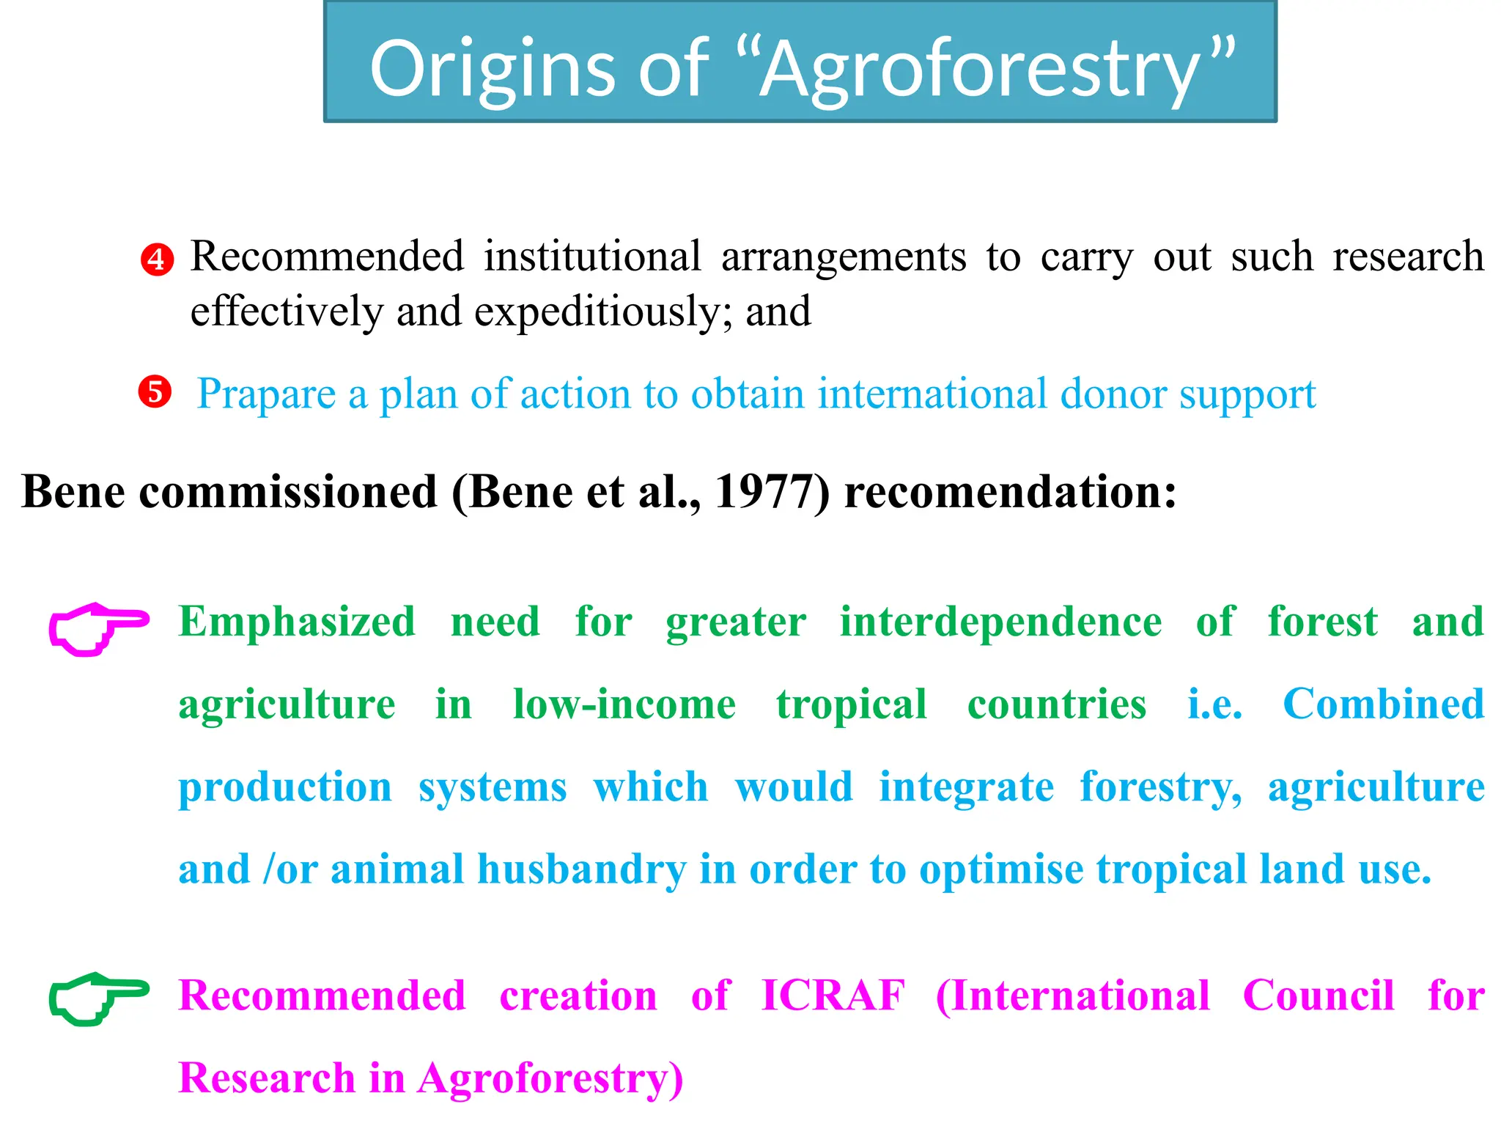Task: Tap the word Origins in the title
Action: (x=492, y=70)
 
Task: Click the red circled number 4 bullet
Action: (x=157, y=260)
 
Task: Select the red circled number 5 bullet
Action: (x=155, y=392)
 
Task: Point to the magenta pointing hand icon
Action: (x=98, y=628)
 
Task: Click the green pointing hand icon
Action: (x=98, y=998)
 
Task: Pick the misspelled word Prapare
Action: (x=266, y=394)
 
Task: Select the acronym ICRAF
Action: (x=833, y=996)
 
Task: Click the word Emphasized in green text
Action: (x=297, y=622)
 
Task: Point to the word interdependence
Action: (x=1000, y=622)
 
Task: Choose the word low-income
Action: (x=624, y=704)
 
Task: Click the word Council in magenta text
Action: (x=1318, y=996)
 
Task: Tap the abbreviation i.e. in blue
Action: (x=1214, y=704)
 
